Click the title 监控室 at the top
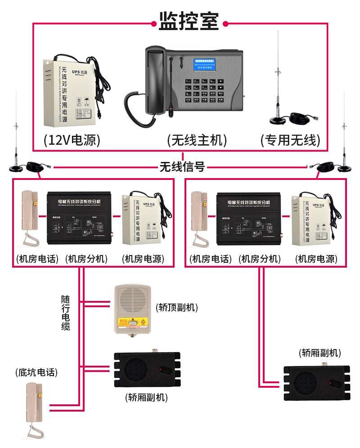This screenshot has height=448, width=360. point(189,21)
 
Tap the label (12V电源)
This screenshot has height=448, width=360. point(72,140)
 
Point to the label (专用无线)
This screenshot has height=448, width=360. point(290,140)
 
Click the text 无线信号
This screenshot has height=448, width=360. point(182,167)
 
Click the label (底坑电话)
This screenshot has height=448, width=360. point(36,372)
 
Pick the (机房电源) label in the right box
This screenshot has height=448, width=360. point(316,259)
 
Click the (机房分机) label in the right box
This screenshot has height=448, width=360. point(260,259)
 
